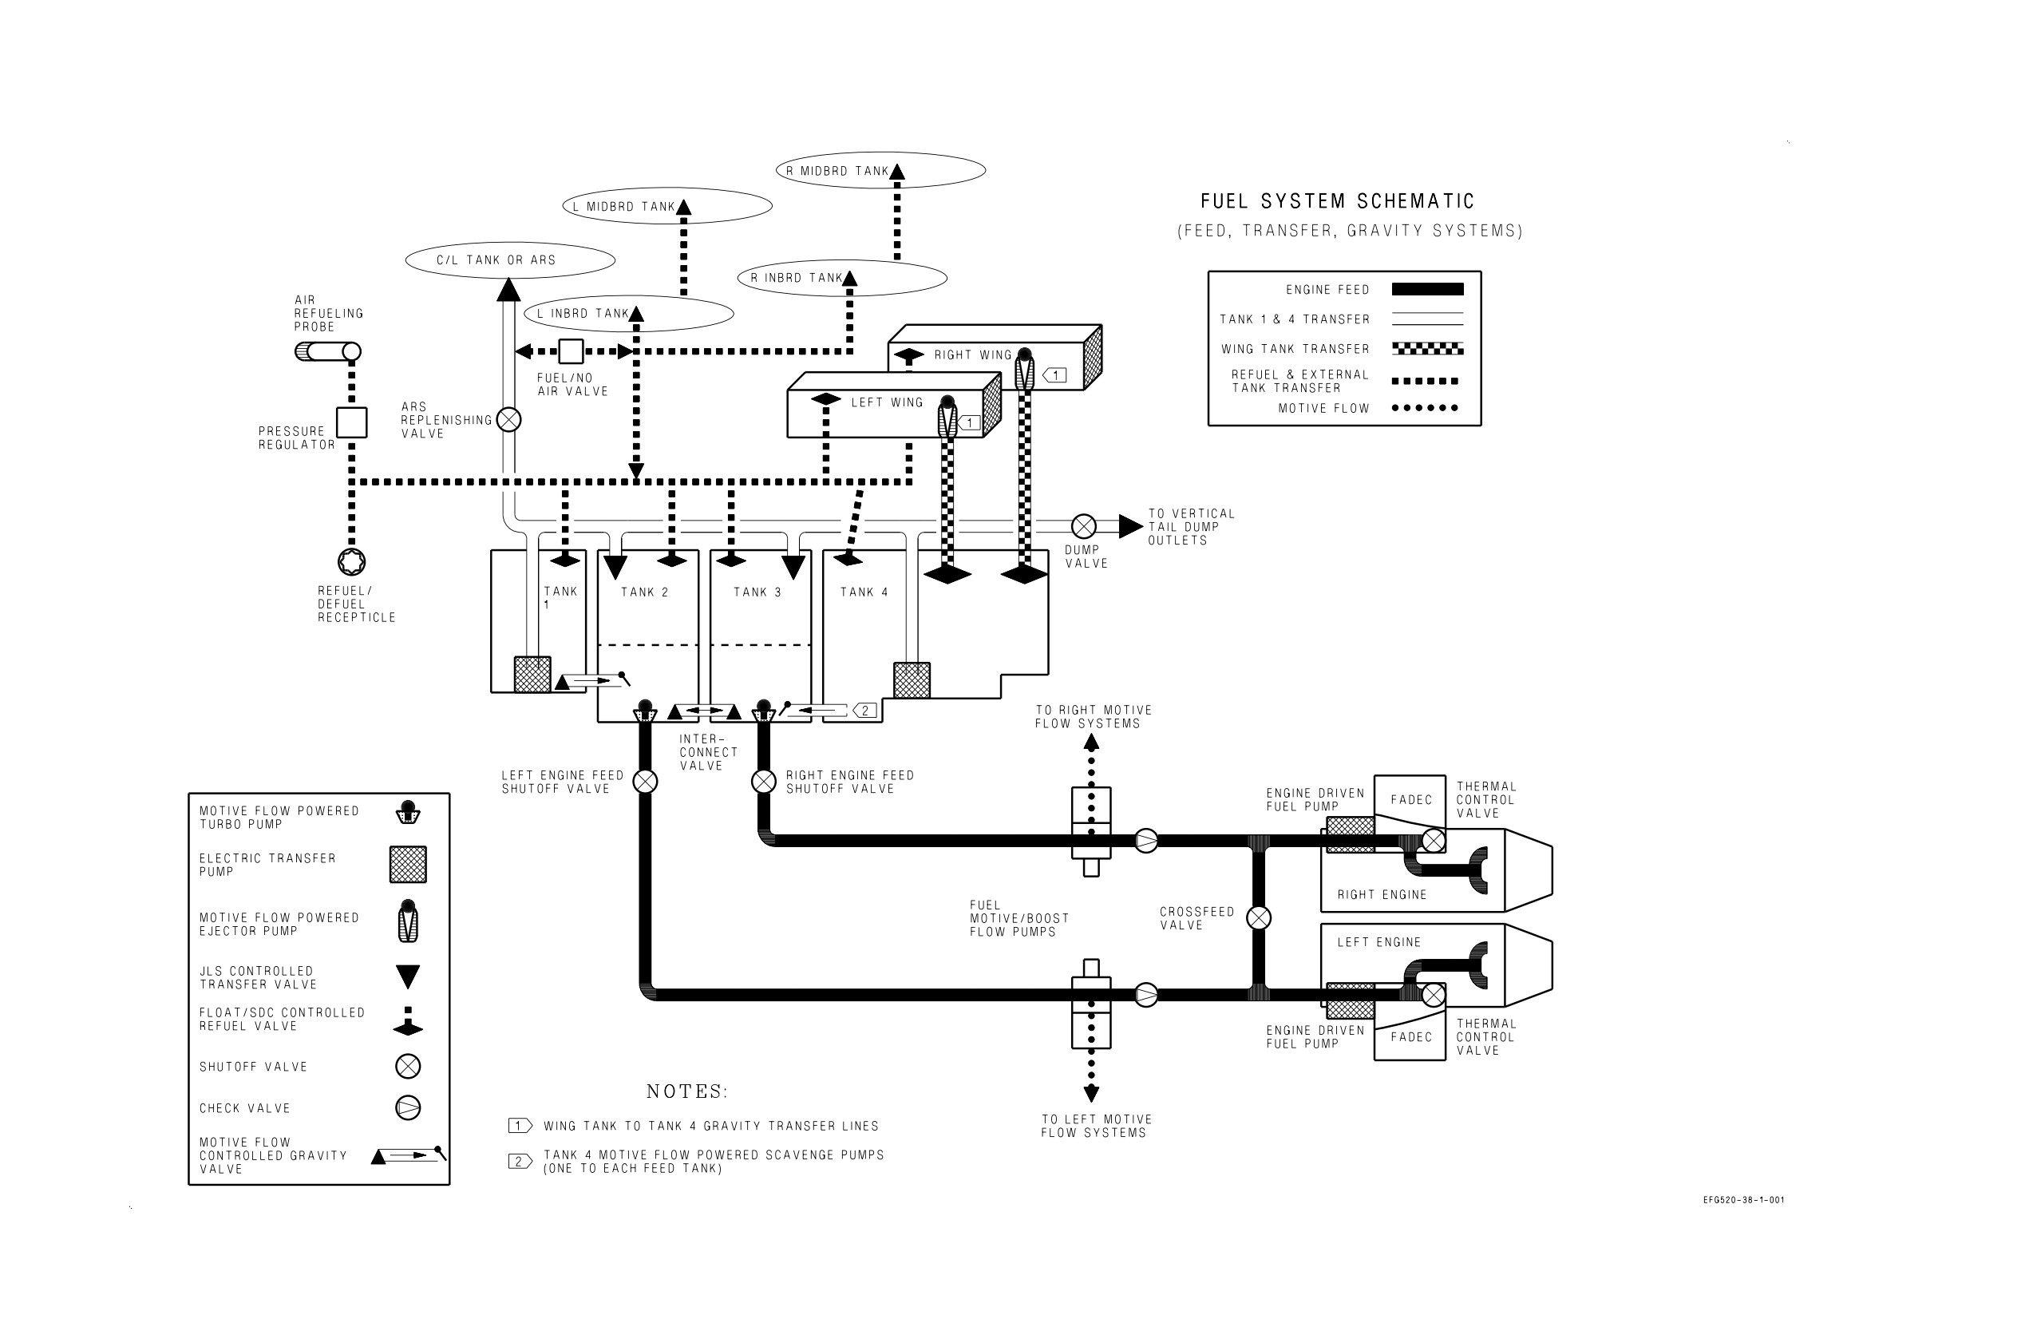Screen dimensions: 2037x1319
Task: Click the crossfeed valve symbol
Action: pyautogui.click(x=1258, y=917)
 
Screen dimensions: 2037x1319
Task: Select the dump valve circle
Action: pyautogui.click(x=1083, y=525)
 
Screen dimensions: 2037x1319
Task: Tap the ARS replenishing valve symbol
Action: pyautogui.click(x=508, y=419)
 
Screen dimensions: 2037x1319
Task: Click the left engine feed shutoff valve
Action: pyautogui.click(x=645, y=782)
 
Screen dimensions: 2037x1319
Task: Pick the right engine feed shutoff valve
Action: pyautogui.click(x=763, y=782)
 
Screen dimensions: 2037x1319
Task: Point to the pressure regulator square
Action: pyautogui.click(x=351, y=422)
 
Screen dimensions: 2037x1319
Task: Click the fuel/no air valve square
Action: pyautogui.click(x=571, y=351)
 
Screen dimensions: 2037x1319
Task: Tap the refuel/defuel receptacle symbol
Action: pyautogui.click(x=351, y=561)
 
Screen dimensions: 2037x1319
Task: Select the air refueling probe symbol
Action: pyautogui.click(x=328, y=351)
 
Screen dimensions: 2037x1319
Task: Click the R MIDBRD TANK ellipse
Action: pyautogui.click(x=880, y=170)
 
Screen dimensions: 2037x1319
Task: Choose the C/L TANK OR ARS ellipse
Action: pyautogui.click(x=510, y=260)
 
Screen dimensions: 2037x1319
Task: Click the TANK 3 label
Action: pyautogui.click(x=757, y=592)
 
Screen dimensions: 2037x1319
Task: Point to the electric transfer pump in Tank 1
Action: pyautogui.click(x=532, y=675)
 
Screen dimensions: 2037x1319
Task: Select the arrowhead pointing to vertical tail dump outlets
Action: pyautogui.click(x=1130, y=525)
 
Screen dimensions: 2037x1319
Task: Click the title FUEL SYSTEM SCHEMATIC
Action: pyautogui.click(x=1338, y=201)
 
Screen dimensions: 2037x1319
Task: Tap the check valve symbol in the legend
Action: pyautogui.click(x=408, y=1107)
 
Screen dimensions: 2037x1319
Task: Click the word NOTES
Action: pyautogui.click(x=686, y=1091)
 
